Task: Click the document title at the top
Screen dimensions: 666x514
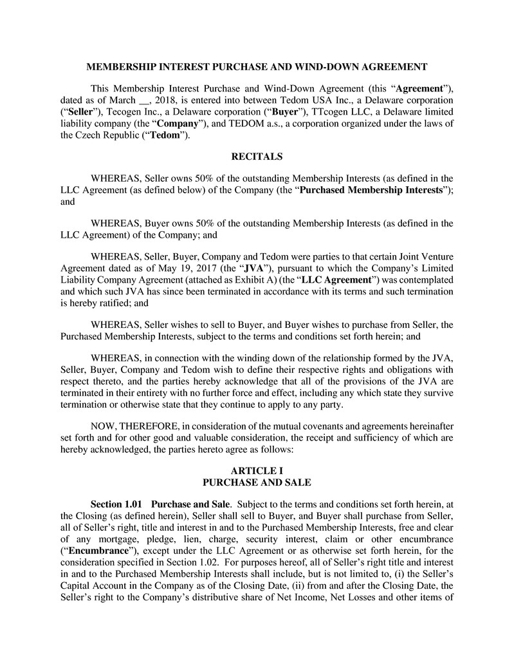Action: pyautogui.click(x=257, y=66)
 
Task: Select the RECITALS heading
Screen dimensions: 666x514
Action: pyautogui.click(x=257, y=157)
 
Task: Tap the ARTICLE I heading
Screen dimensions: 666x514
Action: pyautogui.click(x=257, y=471)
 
